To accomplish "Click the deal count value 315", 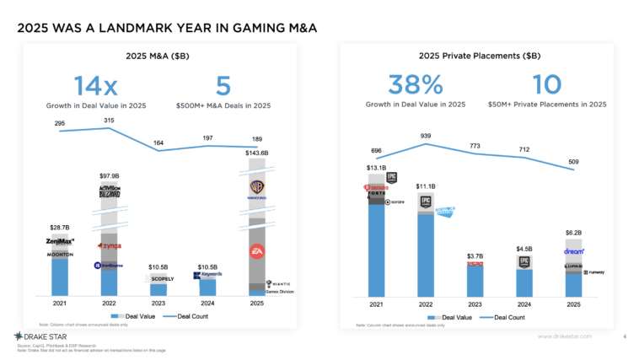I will coord(110,121).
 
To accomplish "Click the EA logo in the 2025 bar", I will coord(257,251).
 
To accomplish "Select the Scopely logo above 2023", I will coord(158,277).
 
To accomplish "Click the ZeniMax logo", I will coord(61,242).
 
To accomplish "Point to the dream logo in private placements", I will coord(574,250).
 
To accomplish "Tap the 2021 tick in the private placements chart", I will coord(376,304).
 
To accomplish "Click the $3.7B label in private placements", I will coord(475,255).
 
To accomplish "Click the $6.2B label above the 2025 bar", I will coord(573,232).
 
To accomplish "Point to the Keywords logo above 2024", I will coord(207,276).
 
